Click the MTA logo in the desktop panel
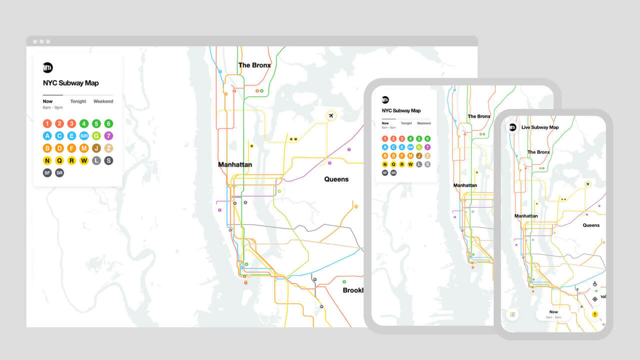tap(48, 67)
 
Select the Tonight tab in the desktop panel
tap(78, 101)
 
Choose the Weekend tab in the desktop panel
tap(103, 101)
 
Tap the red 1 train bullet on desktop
tap(47, 123)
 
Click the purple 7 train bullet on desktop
tap(108, 136)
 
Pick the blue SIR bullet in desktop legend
tap(84, 136)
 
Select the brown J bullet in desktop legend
tap(96, 148)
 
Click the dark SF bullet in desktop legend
tap(47, 172)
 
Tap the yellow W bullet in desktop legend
tap(84, 160)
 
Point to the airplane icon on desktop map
tap(330, 116)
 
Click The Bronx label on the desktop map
tap(254, 65)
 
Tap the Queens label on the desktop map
tap(336, 179)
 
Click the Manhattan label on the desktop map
tap(235, 164)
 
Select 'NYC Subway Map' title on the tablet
tap(401, 110)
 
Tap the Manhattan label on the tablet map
tap(465, 185)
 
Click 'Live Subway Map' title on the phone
tap(540, 127)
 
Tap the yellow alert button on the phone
tap(595, 314)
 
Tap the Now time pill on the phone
tap(553, 314)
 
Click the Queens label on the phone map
tap(591, 225)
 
